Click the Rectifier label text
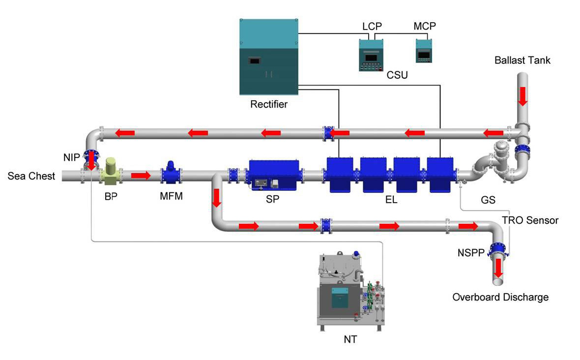click(x=269, y=104)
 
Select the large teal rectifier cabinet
click(x=268, y=57)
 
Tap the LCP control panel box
click(x=371, y=55)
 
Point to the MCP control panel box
click(x=424, y=51)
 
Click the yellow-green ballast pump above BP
click(x=111, y=171)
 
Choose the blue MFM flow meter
click(x=171, y=173)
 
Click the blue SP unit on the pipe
click(x=274, y=176)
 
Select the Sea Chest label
click(x=31, y=176)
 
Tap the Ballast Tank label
click(x=522, y=60)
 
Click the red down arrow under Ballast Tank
click(x=522, y=96)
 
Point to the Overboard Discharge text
click(x=500, y=297)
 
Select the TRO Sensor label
click(x=530, y=220)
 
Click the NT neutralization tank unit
click(x=350, y=291)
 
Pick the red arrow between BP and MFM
click(x=141, y=176)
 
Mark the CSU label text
click(x=397, y=75)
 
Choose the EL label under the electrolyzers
click(x=391, y=200)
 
